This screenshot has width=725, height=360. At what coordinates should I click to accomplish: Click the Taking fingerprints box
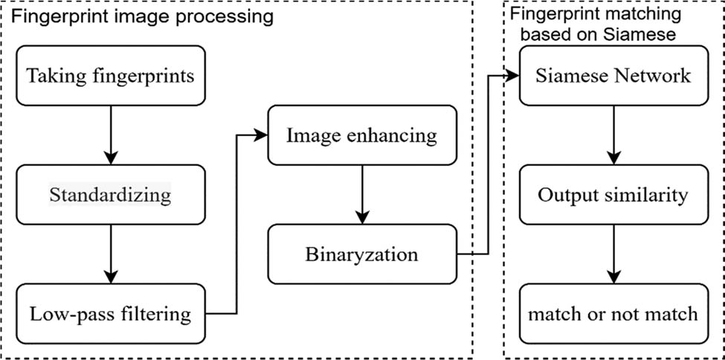pyautogui.click(x=110, y=75)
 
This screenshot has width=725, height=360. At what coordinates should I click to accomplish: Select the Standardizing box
pyautogui.click(x=110, y=195)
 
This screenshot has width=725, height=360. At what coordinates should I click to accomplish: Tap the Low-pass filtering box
pyautogui.click(x=110, y=313)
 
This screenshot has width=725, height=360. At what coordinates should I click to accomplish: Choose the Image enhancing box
pyautogui.click(x=362, y=135)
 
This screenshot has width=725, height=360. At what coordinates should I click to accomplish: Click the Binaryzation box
pyautogui.click(x=362, y=254)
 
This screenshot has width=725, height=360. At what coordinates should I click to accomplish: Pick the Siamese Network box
pyautogui.click(x=613, y=75)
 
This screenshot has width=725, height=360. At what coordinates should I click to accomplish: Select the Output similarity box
pyautogui.click(x=613, y=195)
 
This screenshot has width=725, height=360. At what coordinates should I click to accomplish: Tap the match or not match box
pyautogui.click(x=613, y=313)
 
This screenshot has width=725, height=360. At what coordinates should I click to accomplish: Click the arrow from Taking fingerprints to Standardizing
pyautogui.click(x=110, y=135)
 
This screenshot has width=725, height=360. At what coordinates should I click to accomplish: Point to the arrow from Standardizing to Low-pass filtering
pyautogui.click(x=110, y=254)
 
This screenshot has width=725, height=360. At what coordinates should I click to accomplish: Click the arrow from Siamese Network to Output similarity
pyautogui.click(x=613, y=135)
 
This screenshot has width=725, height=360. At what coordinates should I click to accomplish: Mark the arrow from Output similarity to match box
pyautogui.click(x=613, y=254)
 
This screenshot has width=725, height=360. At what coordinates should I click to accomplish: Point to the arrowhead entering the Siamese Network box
pyautogui.click(x=513, y=75)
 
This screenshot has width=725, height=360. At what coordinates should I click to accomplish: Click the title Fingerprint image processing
pyautogui.click(x=141, y=16)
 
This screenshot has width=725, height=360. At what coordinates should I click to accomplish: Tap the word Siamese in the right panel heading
pyautogui.click(x=645, y=33)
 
